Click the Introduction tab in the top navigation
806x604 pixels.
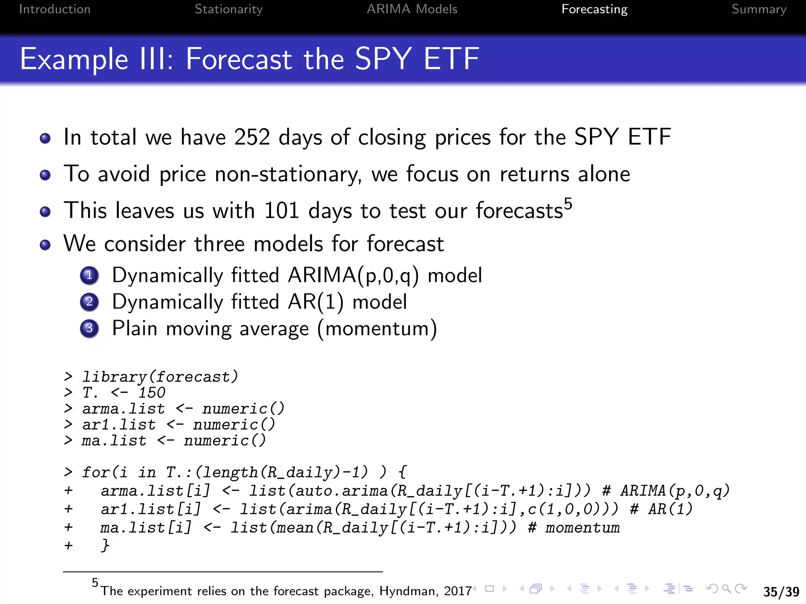point(55,9)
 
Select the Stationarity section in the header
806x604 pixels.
point(228,9)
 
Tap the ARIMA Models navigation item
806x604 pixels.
point(412,9)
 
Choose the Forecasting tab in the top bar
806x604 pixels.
point(594,9)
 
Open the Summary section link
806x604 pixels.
point(759,9)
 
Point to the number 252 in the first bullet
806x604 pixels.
point(252,137)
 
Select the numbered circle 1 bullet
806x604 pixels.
point(89,275)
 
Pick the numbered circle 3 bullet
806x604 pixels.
point(89,328)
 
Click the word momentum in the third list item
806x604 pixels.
point(377,328)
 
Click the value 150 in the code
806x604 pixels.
point(152,393)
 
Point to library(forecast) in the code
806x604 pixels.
point(160,377)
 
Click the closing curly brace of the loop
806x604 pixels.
point(105,545)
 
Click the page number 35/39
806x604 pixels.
point(781,591)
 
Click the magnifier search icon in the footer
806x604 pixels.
point(727,589)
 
